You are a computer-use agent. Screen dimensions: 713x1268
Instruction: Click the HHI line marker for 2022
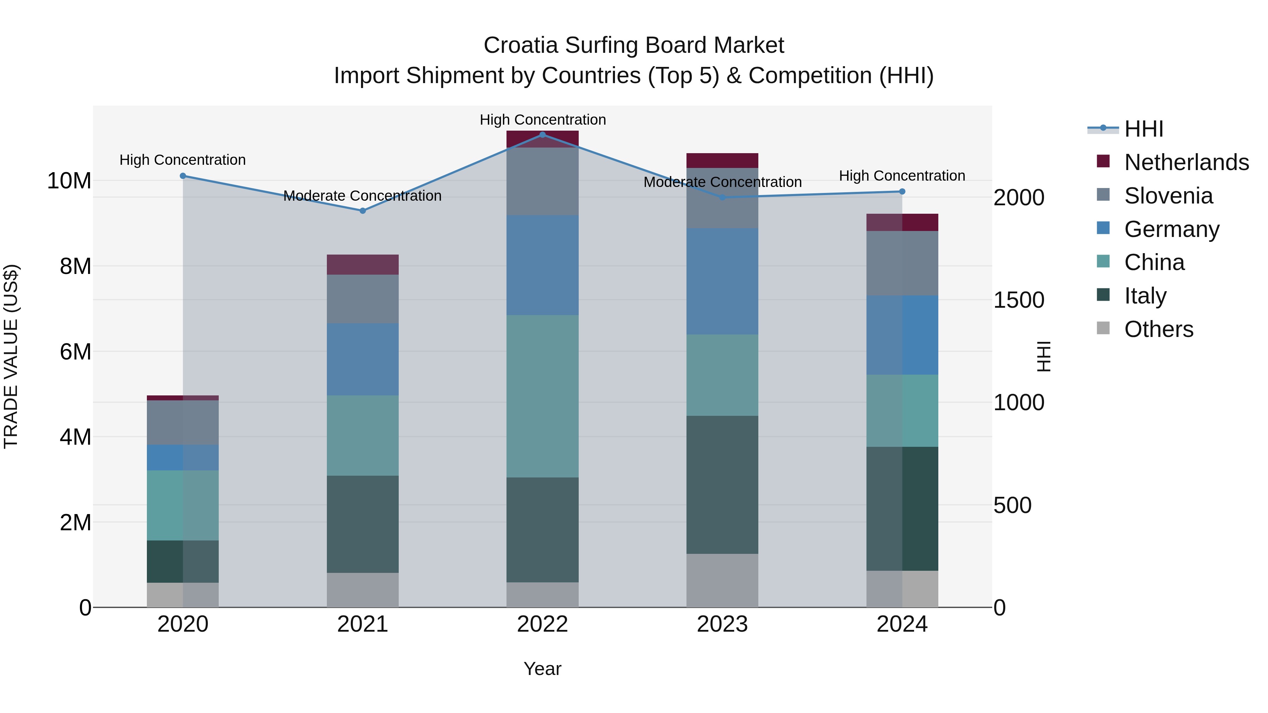[542, 135]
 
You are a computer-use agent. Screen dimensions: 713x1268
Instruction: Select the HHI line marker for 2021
[363, 211]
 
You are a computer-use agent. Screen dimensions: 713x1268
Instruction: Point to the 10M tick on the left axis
[69, 181]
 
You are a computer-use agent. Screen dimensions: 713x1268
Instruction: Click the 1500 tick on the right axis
[1018, 300]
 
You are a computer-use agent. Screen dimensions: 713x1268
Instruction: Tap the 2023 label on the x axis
[722, 624]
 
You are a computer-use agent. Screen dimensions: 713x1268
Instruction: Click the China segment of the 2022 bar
[542, 396]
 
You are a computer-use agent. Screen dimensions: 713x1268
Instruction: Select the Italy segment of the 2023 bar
[722, 485]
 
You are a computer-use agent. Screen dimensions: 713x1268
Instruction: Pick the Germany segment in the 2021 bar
[363, 359]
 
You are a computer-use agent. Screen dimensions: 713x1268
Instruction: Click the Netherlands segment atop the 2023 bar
[722, 161]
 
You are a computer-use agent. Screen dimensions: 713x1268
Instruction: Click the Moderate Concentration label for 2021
[363, 196]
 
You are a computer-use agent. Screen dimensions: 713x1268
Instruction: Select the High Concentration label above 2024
[902, 176]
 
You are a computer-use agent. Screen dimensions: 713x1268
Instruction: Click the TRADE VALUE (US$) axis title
[11, 356]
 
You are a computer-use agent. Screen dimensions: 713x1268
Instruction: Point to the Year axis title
[542, 669]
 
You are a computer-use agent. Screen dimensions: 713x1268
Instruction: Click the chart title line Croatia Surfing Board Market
[634, 45]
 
